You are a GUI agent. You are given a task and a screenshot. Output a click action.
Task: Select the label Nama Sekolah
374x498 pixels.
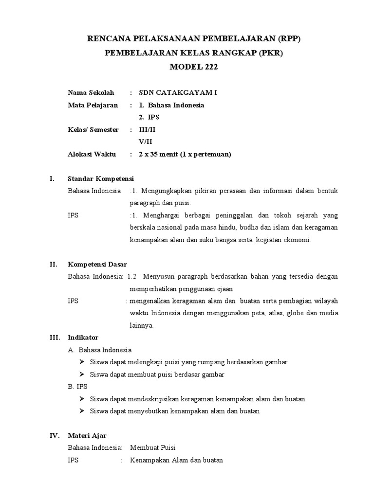point(91,92)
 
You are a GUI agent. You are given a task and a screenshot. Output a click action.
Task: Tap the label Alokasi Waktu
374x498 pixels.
point(92,154)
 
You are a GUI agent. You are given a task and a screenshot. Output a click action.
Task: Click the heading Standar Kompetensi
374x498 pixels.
point(101,178)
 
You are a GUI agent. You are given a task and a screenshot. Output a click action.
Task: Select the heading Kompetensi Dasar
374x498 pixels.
point(97,264)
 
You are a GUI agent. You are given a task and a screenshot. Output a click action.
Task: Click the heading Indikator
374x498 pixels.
point(83,337)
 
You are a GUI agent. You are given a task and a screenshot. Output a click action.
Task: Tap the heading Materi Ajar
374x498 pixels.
point(88,435)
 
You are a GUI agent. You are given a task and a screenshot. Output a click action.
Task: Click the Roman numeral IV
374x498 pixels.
point(55,435)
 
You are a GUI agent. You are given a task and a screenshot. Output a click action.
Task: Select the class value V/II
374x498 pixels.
point(146,142)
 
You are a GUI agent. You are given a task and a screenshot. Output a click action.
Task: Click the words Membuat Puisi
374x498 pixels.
point(152,447)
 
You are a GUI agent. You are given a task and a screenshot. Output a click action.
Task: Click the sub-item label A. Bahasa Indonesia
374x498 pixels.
point(100,350)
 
